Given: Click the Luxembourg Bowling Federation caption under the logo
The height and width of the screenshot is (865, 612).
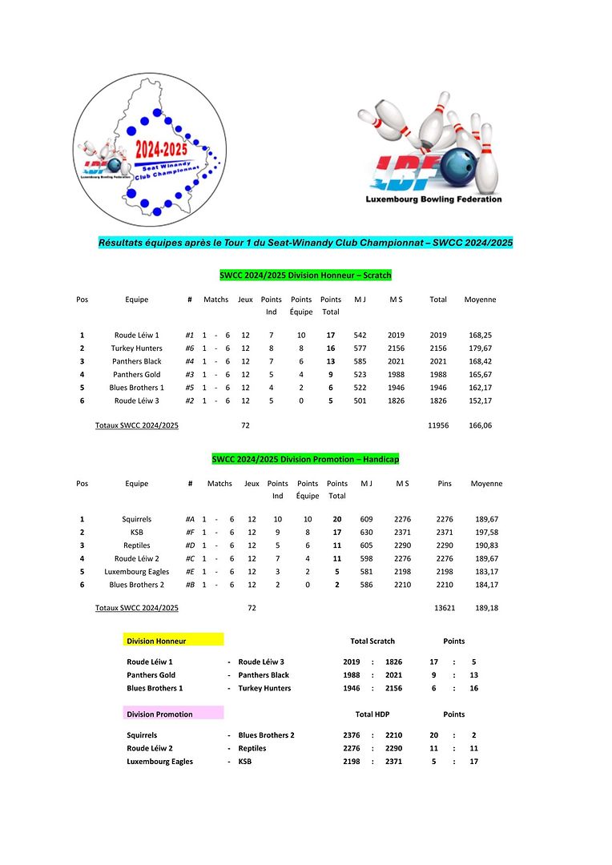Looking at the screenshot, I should [x=433, y=199].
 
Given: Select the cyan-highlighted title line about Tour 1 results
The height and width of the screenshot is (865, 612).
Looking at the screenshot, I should [x=305, y=242].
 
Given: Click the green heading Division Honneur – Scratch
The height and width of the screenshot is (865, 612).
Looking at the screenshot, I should [x=305, y=276].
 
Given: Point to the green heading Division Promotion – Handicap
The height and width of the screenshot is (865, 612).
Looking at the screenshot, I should [x=305, y=460].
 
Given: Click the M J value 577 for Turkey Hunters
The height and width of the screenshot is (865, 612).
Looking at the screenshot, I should [x=360, y=348].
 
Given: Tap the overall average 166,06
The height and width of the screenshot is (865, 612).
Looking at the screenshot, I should [x=480, y=425].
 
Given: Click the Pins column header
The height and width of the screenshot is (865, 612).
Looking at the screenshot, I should [x=445, y=484].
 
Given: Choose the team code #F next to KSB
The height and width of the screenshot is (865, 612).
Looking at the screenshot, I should [x=190, y=533].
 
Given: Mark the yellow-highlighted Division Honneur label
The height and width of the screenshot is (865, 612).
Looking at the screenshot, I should [x=173, y=641].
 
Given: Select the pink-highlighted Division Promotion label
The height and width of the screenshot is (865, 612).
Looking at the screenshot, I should [x=173, y=714].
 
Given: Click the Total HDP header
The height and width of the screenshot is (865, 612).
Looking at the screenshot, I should [x=372, y=714].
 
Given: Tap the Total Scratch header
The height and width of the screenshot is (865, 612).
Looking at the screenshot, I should [x=372, y=641].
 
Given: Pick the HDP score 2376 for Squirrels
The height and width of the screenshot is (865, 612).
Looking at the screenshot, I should [x=352, y=735].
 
